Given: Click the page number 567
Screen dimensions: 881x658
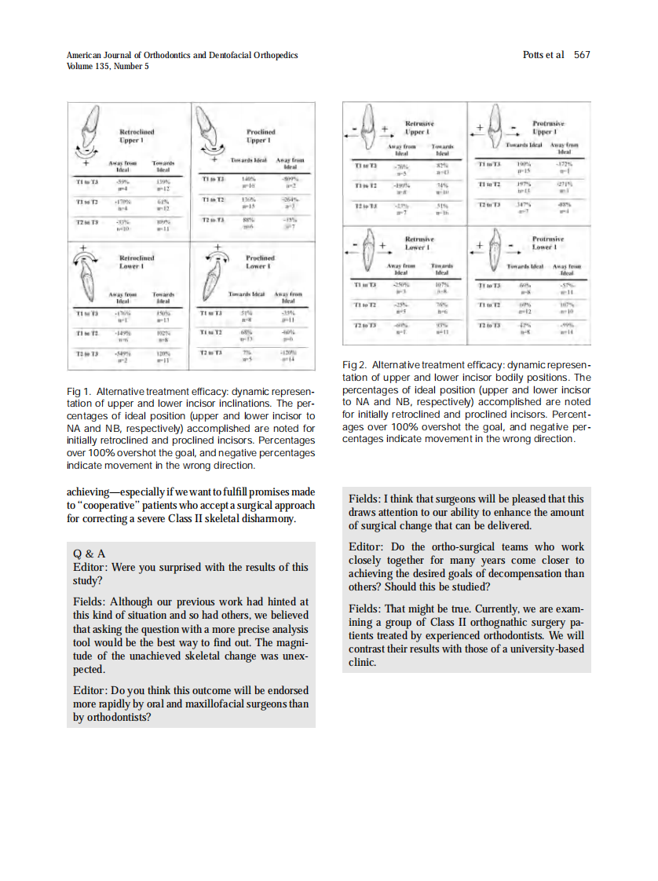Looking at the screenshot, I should pyautogui.click(x=582, y=55).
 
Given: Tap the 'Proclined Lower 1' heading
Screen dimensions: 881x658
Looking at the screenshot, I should pyautogui.click(x=258, y=261).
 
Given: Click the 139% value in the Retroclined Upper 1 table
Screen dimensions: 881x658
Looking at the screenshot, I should pyautogui.click(x=164, y=182).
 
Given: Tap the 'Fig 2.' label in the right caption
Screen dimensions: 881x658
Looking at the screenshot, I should pyautogui.click(x=356, y=367).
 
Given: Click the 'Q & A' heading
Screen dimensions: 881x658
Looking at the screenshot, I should pyautogui.click(x=89, y=554).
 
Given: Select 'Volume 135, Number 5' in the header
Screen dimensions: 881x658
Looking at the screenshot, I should pyautogui.click(x=108, y=66).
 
